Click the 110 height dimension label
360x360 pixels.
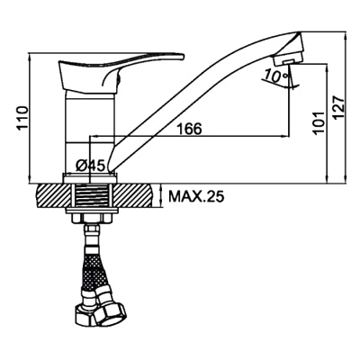pyautogui.click(x=23, y=118)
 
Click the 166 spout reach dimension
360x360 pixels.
pyautogui.click(x=189, y=129)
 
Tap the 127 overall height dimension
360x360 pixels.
pyautogui.click(x=339, y=108)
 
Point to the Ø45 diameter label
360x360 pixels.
pyautogui.click(x=90, y=166)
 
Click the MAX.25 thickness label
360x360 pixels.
pyautogui.click(x=196, y=197)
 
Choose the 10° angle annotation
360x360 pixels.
pyautogui.click(x=275, y=76)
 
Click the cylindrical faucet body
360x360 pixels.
pyautogui.click(x=90, y=132)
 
